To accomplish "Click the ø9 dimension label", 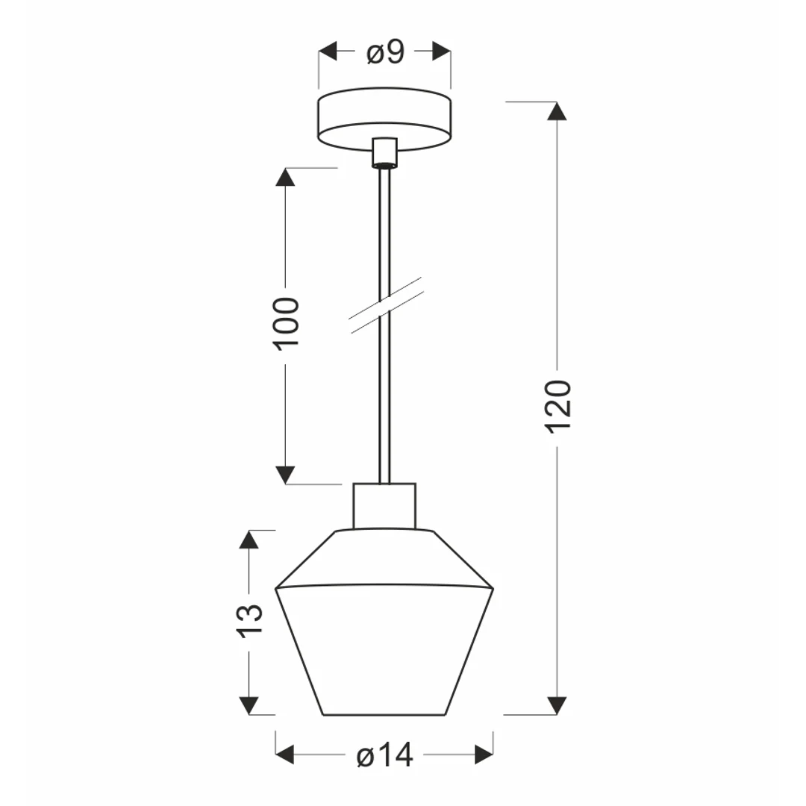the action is [x=386, y=52].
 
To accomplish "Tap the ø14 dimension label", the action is [x=384, y=755].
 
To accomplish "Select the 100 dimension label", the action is [x=286, y=324].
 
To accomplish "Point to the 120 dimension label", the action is [x=557, y=407].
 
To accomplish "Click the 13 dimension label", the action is [x=249, y=621].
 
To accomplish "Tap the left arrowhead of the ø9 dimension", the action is [x=328, y=51].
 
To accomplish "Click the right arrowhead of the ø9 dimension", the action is [x=442, y=51].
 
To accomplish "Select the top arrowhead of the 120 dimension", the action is [x=557, y=111].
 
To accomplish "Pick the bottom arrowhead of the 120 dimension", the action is [x=557, y=706].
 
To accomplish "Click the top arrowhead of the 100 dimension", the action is [x=285, y=177].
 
